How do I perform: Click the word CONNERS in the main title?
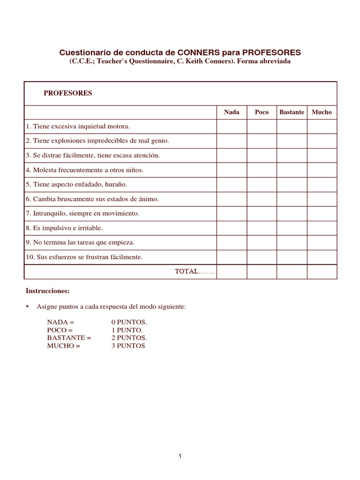click(198, 52)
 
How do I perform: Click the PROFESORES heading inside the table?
click(68, 93)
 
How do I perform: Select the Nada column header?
click(232, 112)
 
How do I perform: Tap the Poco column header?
click(262, 112)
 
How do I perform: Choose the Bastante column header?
click(292, 112)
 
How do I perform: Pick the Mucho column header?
click(322, 112)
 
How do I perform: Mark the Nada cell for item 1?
click(232, 127)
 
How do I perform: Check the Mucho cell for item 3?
click(322, 156)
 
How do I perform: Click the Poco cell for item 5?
click(262, 185)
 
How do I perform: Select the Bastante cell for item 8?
click(292, 228)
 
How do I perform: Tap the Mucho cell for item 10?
click(322, 257)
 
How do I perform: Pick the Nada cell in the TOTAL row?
click(232, 272)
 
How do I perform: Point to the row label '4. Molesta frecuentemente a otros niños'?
click(85, 170)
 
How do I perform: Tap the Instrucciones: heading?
click(47, 291)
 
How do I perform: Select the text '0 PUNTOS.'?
click(129, 322)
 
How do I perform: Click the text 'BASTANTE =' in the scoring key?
click(69, 338)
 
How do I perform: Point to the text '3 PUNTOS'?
click(128, 346)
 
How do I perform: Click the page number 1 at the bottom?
click(180, 457)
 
